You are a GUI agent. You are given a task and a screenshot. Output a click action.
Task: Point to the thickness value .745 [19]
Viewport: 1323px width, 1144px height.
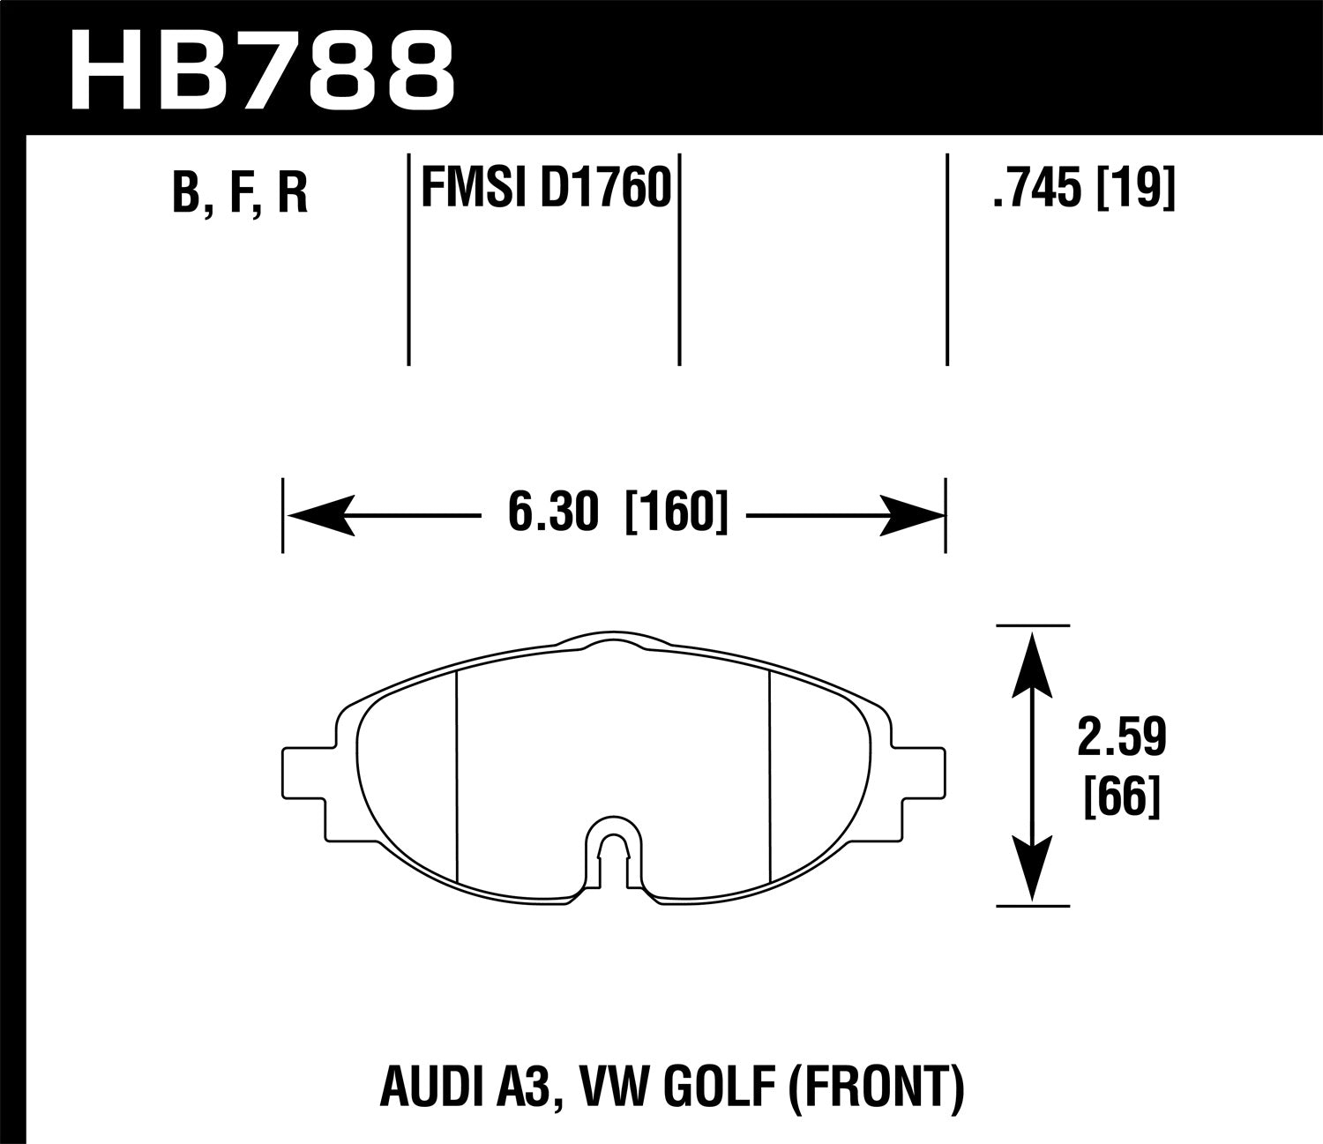(x=1084, y=189)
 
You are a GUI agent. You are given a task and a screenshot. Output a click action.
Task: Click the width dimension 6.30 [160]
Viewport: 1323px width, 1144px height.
(x=617, y=513)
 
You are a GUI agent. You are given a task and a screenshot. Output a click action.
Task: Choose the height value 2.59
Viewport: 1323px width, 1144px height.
(x=1121, y=739)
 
